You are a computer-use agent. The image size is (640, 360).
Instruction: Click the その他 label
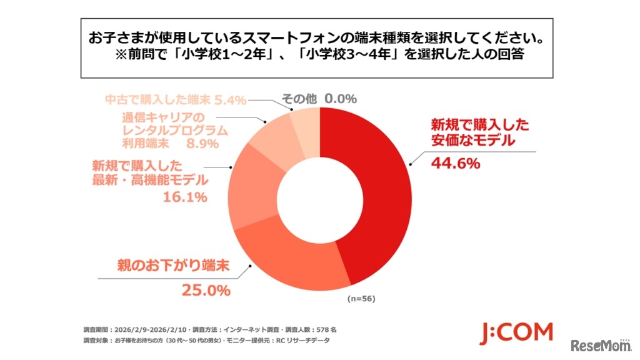(299, 99)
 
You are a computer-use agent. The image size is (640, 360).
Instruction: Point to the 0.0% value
(341, 99)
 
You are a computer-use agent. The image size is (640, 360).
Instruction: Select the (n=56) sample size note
(361, 299)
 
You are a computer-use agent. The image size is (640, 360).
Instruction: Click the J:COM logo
(516, 333)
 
